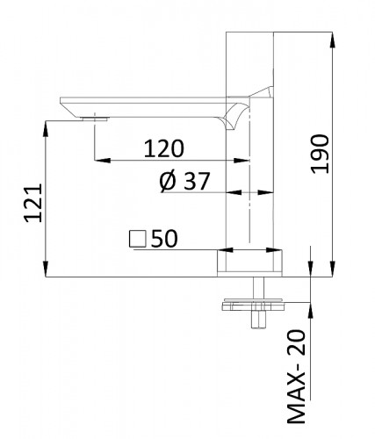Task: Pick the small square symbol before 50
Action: coord(137,237)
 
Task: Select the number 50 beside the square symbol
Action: coord(166,237)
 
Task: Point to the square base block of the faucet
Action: coord(250,263)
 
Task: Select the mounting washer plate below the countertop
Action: coord(255,305)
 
